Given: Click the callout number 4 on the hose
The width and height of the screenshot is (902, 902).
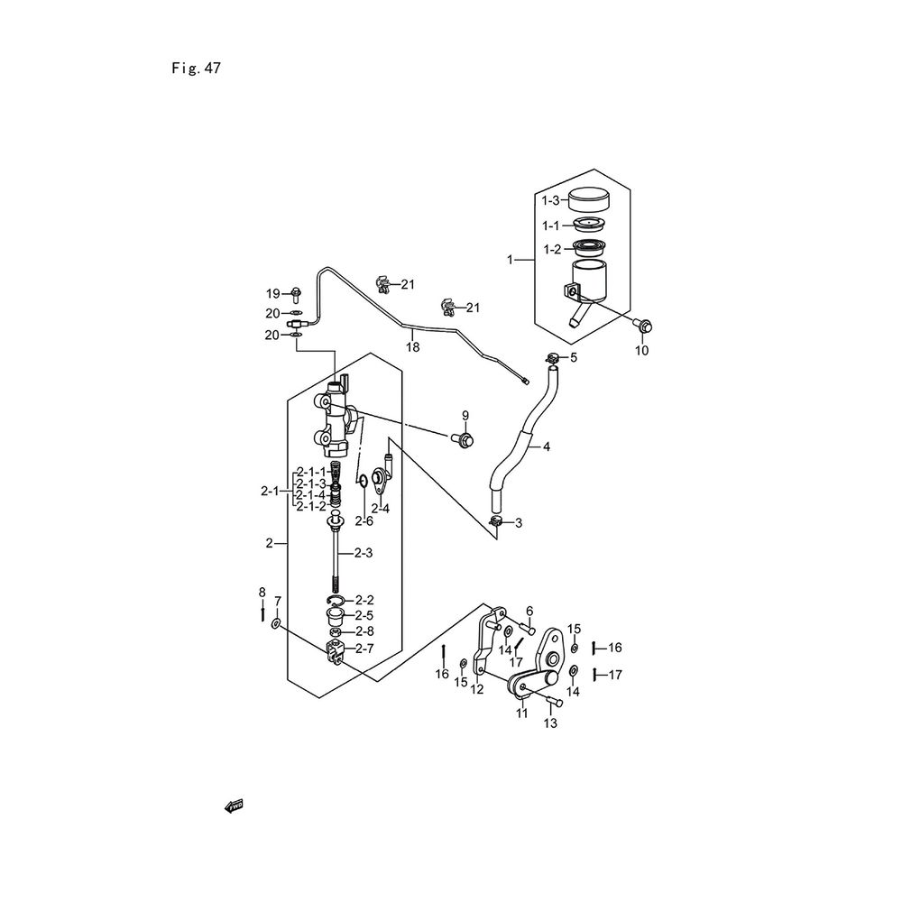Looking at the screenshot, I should pos(546,446).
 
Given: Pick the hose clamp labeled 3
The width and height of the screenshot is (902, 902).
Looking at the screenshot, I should pos(496,521).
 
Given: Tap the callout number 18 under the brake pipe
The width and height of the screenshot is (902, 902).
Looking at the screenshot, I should pos(412,346).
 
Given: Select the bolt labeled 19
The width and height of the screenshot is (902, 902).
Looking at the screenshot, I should pos(296,293).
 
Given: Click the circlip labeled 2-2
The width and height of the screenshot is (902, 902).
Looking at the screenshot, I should pos(334,601).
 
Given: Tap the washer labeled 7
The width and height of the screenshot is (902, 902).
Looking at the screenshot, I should pos(275,624).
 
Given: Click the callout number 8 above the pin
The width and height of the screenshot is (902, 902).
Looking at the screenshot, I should pos(262,593).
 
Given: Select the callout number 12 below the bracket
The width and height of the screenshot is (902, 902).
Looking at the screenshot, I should pos(477,690).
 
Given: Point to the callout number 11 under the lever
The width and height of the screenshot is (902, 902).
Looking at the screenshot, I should pos(521,713).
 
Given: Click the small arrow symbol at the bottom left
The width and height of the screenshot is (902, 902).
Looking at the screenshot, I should pos(234,805).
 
